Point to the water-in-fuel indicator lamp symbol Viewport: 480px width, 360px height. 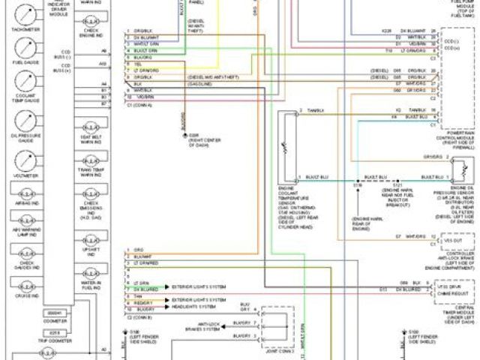(x=90, y=272)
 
